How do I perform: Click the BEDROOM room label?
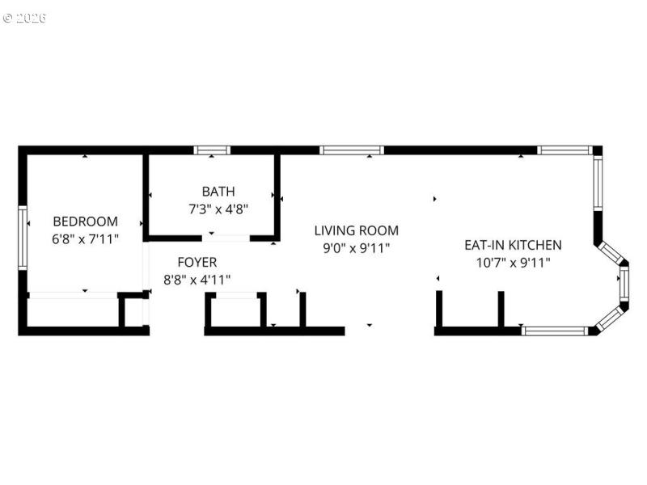pyautogui.click(x=85, y=221)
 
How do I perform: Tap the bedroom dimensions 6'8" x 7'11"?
pyautogui.click(x=85, y=238)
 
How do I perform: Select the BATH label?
pyautogui.click(x=218, y=192)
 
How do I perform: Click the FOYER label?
pyautogui.click(x=197, y=262)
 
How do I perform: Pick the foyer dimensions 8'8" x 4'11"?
pyautogui.click(x=197, y=280)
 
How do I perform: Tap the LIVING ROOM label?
pyautogui.click(x=356, y=230)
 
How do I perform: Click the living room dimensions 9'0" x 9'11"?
pyautogui.click(x=356, y=248)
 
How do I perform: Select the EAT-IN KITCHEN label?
pyautogui.click(x=513, y=244)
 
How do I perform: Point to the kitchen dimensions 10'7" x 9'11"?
pyautogui.click(x=513, y=262)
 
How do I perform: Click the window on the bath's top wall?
pyautogui.click(x=212, y=150)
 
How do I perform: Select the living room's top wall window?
pyautogui.click(x=351, y=150)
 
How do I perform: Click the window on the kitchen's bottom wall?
pyautogui.click(x=555, y=330)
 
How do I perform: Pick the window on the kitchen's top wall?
pyautogui.click(x=565, y=150)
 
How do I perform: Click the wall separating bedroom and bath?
pyautogui.click(x=146, y=196)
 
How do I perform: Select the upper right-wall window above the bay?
pyautogui.click(x=598, y=183)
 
